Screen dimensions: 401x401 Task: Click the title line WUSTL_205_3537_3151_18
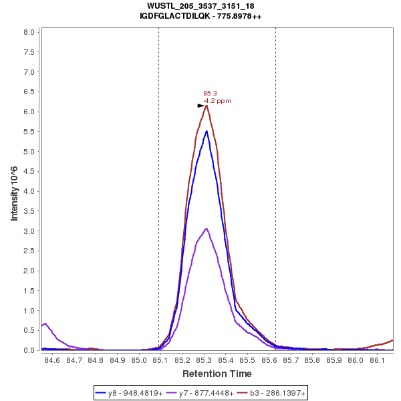(x=200, y=6)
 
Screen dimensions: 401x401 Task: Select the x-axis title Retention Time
(x=217, y=374)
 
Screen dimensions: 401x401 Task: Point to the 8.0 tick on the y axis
(x=30, y=32)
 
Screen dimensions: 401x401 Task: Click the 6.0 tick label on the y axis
(x=30, y=112)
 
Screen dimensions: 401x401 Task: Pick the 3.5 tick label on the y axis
(x=30, y=211)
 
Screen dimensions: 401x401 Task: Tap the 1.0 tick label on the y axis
(x=30, y=311)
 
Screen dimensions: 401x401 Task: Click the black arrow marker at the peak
(x=200, y=106)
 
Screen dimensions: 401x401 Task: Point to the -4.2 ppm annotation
(x=217, y=101)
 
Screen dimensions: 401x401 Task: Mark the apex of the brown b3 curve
(x=207, y=106)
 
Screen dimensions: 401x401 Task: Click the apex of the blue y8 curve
(x=207, y=131)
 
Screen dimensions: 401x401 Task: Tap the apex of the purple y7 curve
(x=207, y=229)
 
